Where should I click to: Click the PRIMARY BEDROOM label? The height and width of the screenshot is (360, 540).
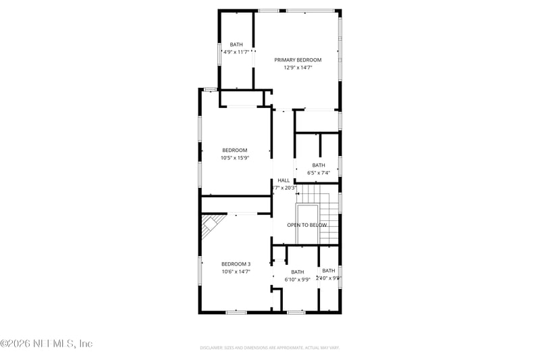click(297, 60)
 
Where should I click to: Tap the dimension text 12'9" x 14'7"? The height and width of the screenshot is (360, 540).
click(297, 68)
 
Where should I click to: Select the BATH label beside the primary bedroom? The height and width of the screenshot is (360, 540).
click(236, 45)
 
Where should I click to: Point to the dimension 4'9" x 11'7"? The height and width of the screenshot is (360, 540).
click(236, 52)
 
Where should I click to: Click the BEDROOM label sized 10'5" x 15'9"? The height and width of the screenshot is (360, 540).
click(235, 150)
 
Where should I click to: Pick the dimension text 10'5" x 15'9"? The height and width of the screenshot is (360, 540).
click(235, 157)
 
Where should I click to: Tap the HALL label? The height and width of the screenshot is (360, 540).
click(283, 180)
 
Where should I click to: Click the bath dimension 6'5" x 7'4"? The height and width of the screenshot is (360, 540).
click(318, 173)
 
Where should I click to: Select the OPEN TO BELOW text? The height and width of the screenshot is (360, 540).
click(306, 225)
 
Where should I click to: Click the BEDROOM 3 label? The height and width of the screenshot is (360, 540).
click(236, 264)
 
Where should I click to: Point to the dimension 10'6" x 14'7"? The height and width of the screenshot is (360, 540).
click(236, 272)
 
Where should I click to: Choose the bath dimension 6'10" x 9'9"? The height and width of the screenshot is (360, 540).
click(297, 279)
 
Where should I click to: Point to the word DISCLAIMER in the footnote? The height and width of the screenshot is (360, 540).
click(212, 347)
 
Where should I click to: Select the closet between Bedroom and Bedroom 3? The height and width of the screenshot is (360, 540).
click(235, 205)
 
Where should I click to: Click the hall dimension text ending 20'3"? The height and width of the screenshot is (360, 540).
click(283, 188)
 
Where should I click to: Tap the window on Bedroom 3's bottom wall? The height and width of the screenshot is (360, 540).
click(236, 312)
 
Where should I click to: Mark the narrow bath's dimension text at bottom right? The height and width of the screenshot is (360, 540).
click(329, 278)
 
